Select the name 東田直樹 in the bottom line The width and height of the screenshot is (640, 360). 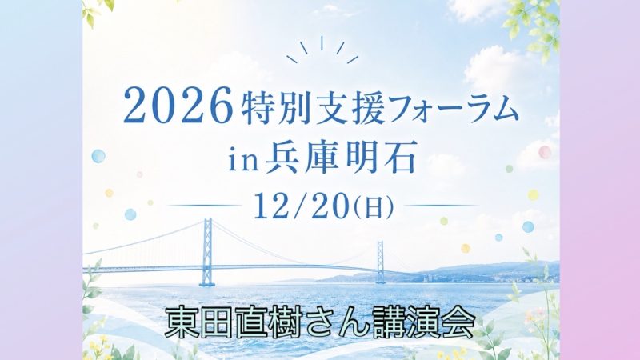(x=223, y=321)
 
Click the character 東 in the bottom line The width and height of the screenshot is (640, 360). (x=180, y=321)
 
